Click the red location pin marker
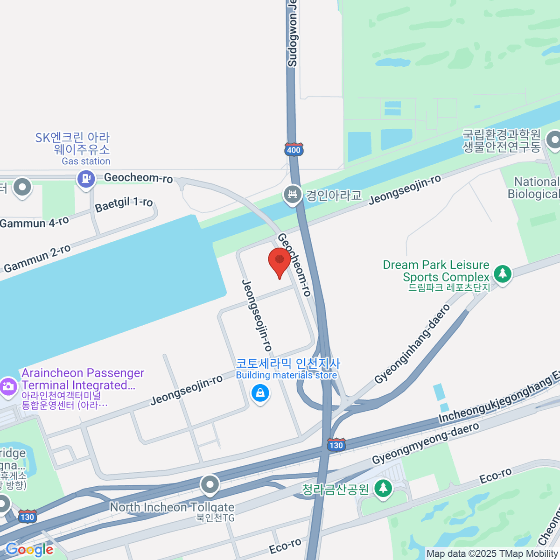[280, 262]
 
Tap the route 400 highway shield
[294, 150]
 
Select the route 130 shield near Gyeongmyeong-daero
[336, 445]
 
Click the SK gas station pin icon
[86, 178]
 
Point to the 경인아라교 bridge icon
[293, 195]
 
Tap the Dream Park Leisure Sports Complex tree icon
[502, 273]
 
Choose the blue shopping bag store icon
[260, 393]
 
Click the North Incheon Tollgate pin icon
[210, 485]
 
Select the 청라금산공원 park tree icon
[383, 489]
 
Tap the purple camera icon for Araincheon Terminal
[8, 386]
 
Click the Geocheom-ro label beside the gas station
[138, 178]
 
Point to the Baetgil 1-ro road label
[124, 204]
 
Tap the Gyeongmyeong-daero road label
[425, 443]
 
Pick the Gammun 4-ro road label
[35, 223]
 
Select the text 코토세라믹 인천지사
[288, 363]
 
